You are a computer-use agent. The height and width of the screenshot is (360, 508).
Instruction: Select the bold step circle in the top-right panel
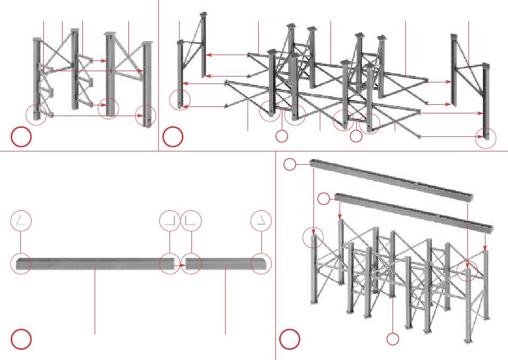173,137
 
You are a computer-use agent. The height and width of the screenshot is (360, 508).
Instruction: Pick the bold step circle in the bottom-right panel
290,339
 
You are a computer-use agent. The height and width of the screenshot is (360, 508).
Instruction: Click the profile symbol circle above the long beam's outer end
22,220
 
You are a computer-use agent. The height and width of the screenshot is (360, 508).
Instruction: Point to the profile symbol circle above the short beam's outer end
262,220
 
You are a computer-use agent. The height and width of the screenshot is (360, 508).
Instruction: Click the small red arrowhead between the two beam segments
181,264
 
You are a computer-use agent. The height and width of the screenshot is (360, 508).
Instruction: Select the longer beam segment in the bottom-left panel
96,264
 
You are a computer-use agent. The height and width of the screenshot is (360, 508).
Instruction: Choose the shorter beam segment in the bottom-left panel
225,264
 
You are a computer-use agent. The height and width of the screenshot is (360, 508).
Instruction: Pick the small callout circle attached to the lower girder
324,199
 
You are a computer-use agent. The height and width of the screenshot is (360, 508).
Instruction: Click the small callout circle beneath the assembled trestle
393,339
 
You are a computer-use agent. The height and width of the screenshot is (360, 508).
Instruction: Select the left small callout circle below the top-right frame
282,136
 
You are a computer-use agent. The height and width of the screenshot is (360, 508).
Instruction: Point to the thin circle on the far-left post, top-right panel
180,99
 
